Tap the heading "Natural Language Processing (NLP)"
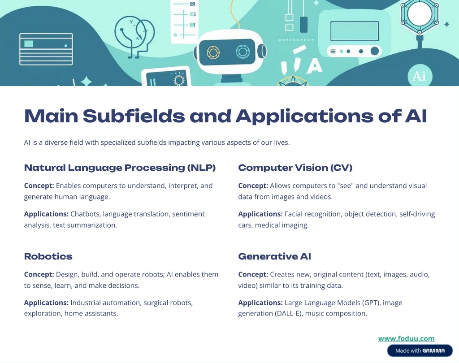pyautogui.click(x=120, y=168)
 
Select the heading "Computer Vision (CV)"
pyautogui.click(x=295, y=168)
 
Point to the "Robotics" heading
pyautogui.click(x=48, y=256)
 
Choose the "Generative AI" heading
pyautogui.click(x=274, y=256)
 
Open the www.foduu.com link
pyautogui.click(x=406, y=339)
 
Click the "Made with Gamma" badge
pyautogui.click(x=420, y=350)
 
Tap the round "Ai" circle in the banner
pyautogui.click(x=419, y=76)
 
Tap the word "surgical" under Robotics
pyautogui.click(x=158, y=303)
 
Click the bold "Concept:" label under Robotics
pyautogui.click(x=39, y=274)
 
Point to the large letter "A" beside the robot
pyautogui.click(x=314, y=66)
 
